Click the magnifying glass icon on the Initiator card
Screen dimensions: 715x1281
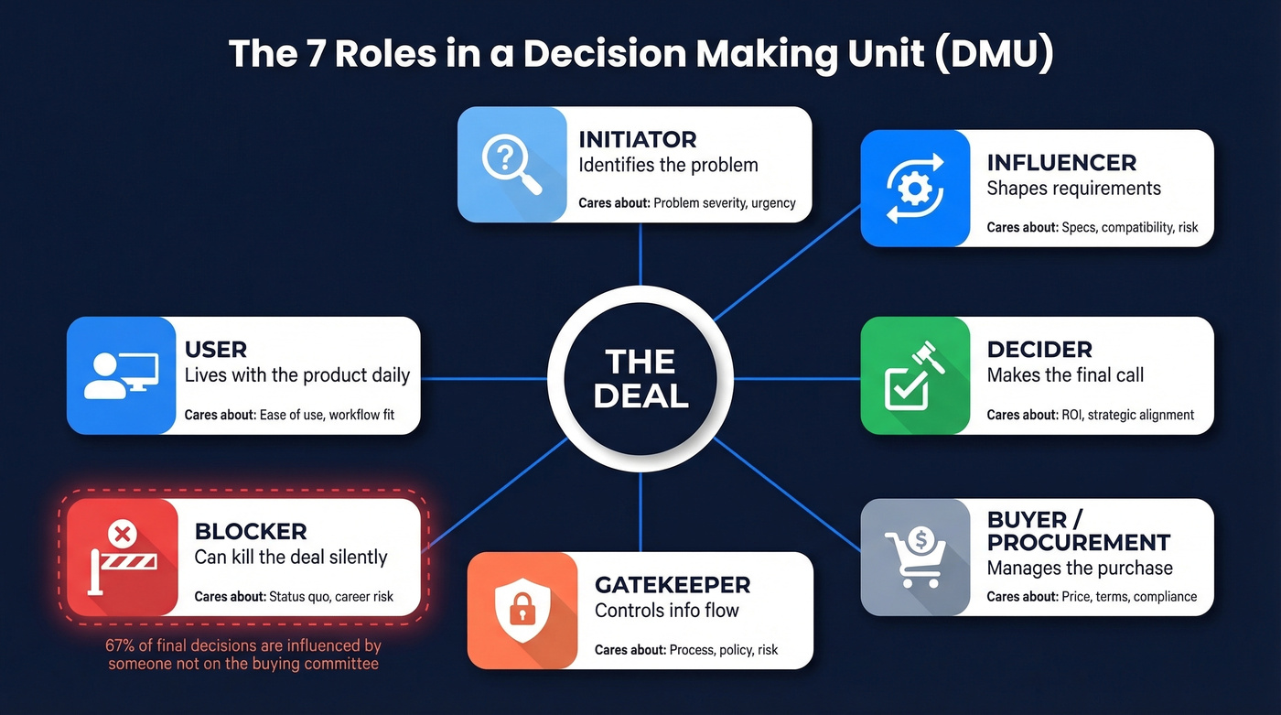click(511, 165)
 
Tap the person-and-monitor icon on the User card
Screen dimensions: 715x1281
click(121, 375)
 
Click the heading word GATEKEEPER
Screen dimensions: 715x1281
click(673, 584)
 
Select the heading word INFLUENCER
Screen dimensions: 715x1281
click(1061, 163)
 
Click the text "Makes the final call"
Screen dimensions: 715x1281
click(1065, 374)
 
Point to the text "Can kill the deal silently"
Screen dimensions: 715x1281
click(291, 557)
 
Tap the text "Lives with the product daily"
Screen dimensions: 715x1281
click(297, 374)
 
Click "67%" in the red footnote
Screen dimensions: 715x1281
click(123, 645)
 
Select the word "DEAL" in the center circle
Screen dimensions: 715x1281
click(640, 396)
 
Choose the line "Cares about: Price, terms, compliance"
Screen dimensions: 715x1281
click(1092, 597)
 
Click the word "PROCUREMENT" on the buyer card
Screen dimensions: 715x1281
click(1079, 542)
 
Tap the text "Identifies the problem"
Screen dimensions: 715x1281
click(668, 166)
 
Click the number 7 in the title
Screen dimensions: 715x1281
click(315, 53)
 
